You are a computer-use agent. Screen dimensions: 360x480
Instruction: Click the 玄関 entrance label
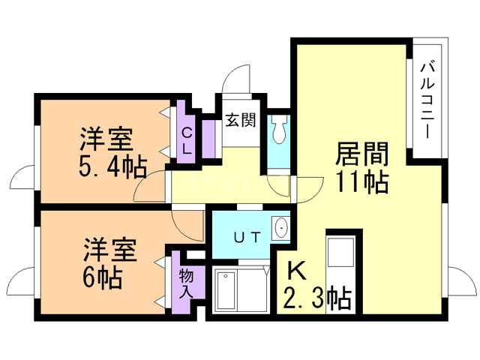241,118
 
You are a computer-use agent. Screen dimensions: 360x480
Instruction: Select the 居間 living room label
361,154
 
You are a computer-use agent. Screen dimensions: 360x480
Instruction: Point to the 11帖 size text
361,181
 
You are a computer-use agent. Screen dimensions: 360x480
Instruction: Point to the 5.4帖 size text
112,166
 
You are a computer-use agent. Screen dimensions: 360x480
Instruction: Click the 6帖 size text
102,277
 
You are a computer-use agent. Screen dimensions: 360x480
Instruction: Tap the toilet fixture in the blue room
280,130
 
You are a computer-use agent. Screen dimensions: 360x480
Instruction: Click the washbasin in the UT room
281,226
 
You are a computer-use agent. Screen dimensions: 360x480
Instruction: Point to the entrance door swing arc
238,78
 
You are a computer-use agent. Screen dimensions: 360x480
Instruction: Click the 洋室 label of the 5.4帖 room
107,139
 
